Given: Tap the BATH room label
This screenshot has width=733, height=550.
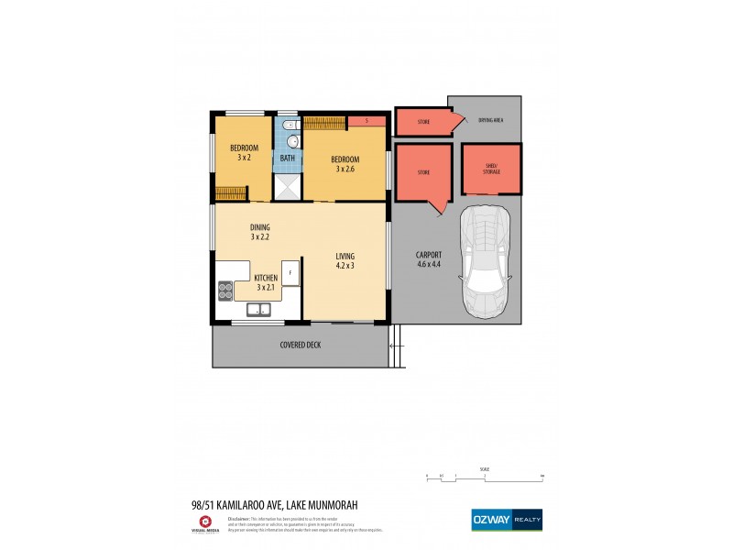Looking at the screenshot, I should (x=288, y=159).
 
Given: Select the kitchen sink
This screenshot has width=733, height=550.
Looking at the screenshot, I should (x=259, y=311).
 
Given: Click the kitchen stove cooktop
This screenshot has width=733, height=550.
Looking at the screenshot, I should (x=225, y=291).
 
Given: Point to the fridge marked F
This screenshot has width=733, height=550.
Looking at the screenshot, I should (x=290, y=272).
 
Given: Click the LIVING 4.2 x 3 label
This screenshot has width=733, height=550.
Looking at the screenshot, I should (x=345, y=261).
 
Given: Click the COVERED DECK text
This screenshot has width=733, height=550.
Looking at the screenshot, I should (x=301, y=345).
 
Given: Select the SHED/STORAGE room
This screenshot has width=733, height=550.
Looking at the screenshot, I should (x=492, y=169).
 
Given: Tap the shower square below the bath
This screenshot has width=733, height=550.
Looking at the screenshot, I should (x=288, y=186).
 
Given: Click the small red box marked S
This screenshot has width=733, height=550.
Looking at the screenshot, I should (x=366, y=121).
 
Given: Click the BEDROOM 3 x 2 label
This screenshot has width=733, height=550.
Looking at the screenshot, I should (x=244, y=153).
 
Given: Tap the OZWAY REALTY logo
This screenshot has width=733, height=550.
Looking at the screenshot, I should (x=506, y=519).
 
